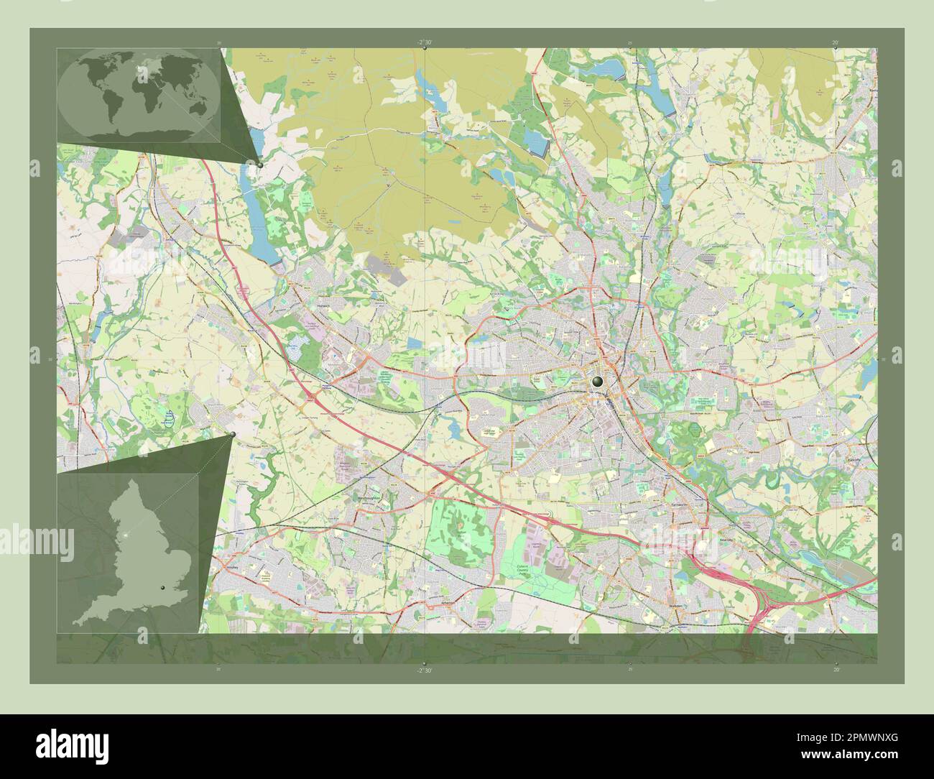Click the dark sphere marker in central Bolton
pyautogui.click(x=597, y=383)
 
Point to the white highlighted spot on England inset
pyautogui.click(x=126, y=535)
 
